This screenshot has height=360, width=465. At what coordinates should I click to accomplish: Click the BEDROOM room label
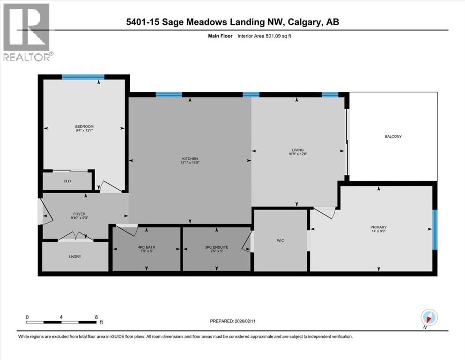click(84, 127)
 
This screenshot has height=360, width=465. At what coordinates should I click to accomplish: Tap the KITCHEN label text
click(190, 159)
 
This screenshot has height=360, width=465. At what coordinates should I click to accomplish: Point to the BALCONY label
click(393, 136)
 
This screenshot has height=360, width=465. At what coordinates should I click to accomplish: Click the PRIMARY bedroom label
click(378, 227)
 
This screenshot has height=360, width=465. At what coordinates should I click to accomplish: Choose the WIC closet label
click(280, 240)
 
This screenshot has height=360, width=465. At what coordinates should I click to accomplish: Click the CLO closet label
click(67, 180)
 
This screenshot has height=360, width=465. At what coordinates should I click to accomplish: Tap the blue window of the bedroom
click(83, 77)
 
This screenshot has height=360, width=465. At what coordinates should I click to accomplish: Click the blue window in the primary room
click(435, 229)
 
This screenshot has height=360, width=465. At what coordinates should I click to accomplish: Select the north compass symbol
click(429, 317)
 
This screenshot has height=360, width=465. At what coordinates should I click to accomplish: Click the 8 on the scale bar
click(96, 317)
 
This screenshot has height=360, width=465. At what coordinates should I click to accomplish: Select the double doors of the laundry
click(75, 237)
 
